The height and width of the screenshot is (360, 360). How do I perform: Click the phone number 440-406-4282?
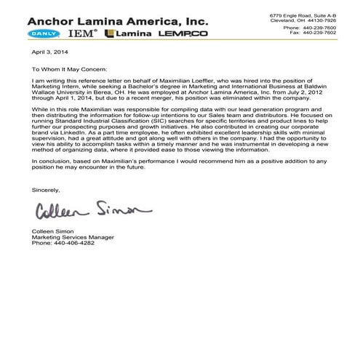[78, 244]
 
